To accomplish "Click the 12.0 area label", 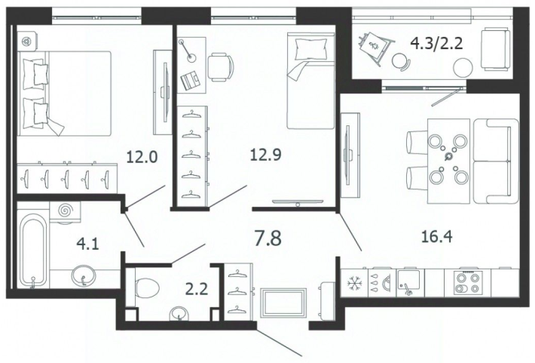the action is pos(142,157).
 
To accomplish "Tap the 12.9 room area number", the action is pos(265,155).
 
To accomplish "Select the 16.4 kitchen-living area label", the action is pos(437,236).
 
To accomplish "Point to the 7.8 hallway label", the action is pos(268,238).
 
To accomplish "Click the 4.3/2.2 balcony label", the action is pos(436,44).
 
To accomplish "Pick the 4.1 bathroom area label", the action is pos(87,245).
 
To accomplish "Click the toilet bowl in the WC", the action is pos(147,288).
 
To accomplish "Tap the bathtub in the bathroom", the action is pos(32,251).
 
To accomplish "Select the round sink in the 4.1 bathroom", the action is pos(83,276).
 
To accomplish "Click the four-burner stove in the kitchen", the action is pos(467,282).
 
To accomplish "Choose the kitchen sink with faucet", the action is pos(409,282).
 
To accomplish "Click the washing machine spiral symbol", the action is pos(65,211).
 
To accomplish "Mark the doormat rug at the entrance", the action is pos(283,303).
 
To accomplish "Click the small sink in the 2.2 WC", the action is pos(179,314).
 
